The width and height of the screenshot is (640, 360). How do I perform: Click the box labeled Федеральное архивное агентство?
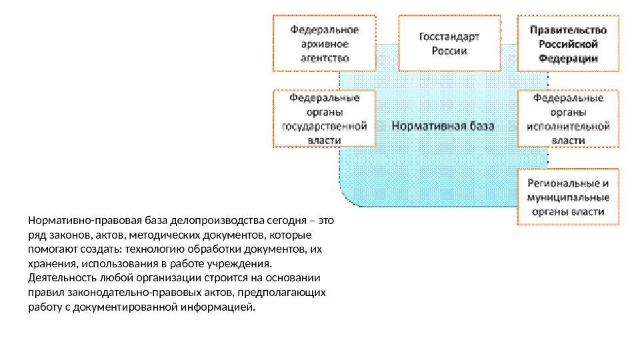[324, 43]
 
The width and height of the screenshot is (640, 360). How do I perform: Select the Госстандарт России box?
[449, 43]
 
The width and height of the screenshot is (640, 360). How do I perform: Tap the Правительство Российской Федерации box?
[568, 43]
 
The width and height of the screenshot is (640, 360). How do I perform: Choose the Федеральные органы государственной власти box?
[324, 119]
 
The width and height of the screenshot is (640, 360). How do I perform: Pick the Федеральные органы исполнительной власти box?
[568, 119]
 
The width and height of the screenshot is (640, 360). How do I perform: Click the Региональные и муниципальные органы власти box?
[568, 197]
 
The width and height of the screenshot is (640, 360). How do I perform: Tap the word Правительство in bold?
[569, 30]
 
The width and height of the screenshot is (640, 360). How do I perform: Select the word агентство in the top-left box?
[324, 58]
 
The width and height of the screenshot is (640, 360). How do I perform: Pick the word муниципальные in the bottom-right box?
[569, 198]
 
